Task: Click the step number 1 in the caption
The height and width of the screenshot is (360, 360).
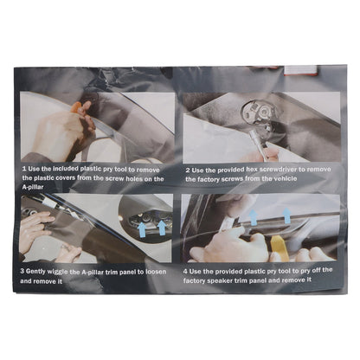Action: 24,169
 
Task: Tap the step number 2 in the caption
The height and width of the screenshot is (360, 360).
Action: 188,170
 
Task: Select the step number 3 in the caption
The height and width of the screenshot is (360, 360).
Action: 22,271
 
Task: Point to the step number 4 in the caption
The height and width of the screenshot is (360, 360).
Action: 185,272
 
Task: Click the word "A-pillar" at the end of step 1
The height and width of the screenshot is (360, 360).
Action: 33,187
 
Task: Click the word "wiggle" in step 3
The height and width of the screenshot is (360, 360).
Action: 58,272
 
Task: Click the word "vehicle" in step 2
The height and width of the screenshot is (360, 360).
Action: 286,178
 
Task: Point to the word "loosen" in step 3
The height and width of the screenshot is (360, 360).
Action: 156,272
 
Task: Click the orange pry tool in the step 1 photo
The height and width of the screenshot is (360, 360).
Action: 77,108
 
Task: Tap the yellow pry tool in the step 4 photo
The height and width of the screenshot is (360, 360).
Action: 280,248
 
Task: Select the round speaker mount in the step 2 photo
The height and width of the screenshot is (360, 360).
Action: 258,113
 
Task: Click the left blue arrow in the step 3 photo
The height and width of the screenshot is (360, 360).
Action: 142,229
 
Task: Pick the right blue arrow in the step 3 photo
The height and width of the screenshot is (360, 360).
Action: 162,228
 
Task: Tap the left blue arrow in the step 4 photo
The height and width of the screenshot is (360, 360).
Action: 253,217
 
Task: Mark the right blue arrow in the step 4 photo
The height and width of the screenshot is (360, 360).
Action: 286,215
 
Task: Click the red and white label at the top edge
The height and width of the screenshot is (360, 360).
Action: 300,70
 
